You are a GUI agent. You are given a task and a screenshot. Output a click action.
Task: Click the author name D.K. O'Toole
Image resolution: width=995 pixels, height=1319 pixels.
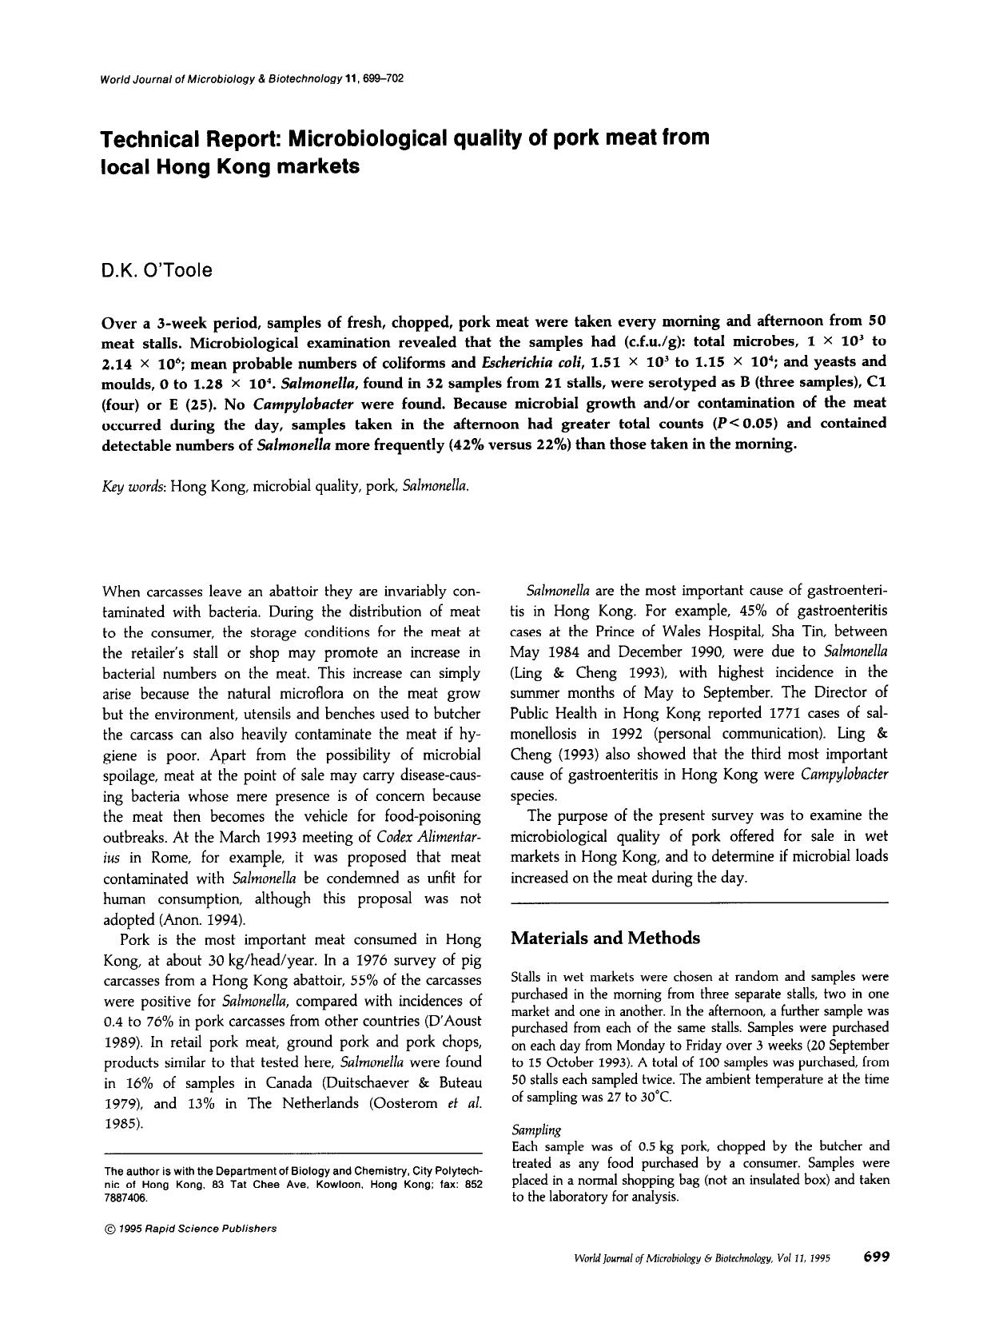pos(157,271)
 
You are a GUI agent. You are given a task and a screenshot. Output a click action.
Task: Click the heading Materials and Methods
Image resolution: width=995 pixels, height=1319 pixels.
pos(605,938)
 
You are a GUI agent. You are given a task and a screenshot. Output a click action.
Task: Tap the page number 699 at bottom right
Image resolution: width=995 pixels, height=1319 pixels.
pos(876,1257)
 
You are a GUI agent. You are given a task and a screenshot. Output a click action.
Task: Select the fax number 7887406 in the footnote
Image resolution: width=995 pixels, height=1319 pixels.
pos(126,1199)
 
